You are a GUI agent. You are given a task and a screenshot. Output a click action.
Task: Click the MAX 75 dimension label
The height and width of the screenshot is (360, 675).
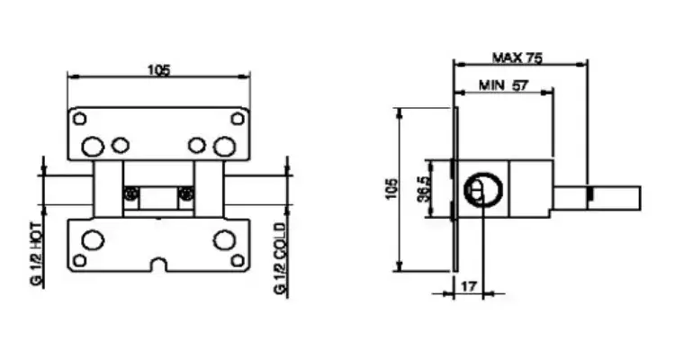[x=517, y=58]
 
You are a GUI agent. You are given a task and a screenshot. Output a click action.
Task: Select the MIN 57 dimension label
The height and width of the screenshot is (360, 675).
[x=503, y=85]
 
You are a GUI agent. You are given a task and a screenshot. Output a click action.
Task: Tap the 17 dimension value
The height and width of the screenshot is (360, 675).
[x=469, y=285]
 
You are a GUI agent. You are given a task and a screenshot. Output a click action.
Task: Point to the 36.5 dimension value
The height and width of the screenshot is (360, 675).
[x=424, y=189]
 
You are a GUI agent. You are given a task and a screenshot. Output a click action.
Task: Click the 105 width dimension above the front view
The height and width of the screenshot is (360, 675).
[x=158, y=70]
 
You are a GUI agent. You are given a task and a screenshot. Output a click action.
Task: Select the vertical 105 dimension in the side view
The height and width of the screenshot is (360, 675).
[x=391, y=189]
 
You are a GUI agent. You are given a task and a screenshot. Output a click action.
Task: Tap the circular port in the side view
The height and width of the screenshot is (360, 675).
[x=483, y=190]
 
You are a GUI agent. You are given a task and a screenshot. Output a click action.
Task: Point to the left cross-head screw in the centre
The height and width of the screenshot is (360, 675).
[x=130, y=193]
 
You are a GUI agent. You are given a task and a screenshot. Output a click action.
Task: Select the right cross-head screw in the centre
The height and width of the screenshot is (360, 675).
[x=186, y=193]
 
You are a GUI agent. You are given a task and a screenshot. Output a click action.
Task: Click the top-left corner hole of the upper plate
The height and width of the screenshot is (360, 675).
[x=79, y=119]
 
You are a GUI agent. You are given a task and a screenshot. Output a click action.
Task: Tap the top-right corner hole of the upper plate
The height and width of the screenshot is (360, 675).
[x=238, y=119]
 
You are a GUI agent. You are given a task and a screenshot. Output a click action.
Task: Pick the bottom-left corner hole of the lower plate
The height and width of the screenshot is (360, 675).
[x=79, y=260]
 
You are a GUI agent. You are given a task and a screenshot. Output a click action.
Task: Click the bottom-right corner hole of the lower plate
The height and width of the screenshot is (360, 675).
[x=238, y=260]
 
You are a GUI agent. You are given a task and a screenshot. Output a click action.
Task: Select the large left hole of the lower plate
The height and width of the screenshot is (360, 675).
[x=93, y=240]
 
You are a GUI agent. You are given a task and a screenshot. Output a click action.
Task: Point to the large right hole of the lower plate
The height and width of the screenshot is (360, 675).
[x=225, y=240]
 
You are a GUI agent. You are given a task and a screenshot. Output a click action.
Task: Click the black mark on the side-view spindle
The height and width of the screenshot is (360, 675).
[x=589, y=193]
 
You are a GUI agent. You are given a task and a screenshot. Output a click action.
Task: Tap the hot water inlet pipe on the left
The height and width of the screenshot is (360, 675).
[x=69, y=190]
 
